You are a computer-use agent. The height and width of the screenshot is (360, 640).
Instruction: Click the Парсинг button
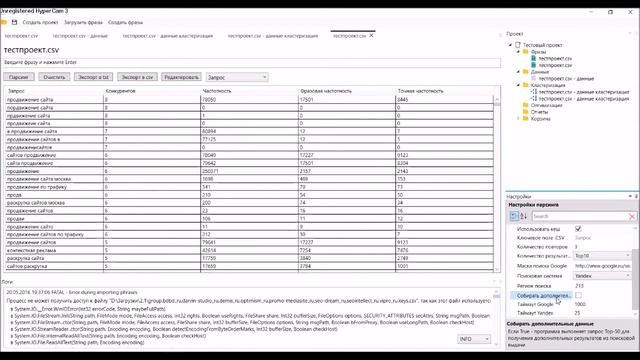tap(18, 76)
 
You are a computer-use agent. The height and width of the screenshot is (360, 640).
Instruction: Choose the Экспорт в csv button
tap(137, 76)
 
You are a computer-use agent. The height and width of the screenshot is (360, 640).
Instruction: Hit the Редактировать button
tap(182, 76)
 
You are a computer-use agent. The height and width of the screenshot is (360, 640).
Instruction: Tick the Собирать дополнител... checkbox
tap(605, 295)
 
